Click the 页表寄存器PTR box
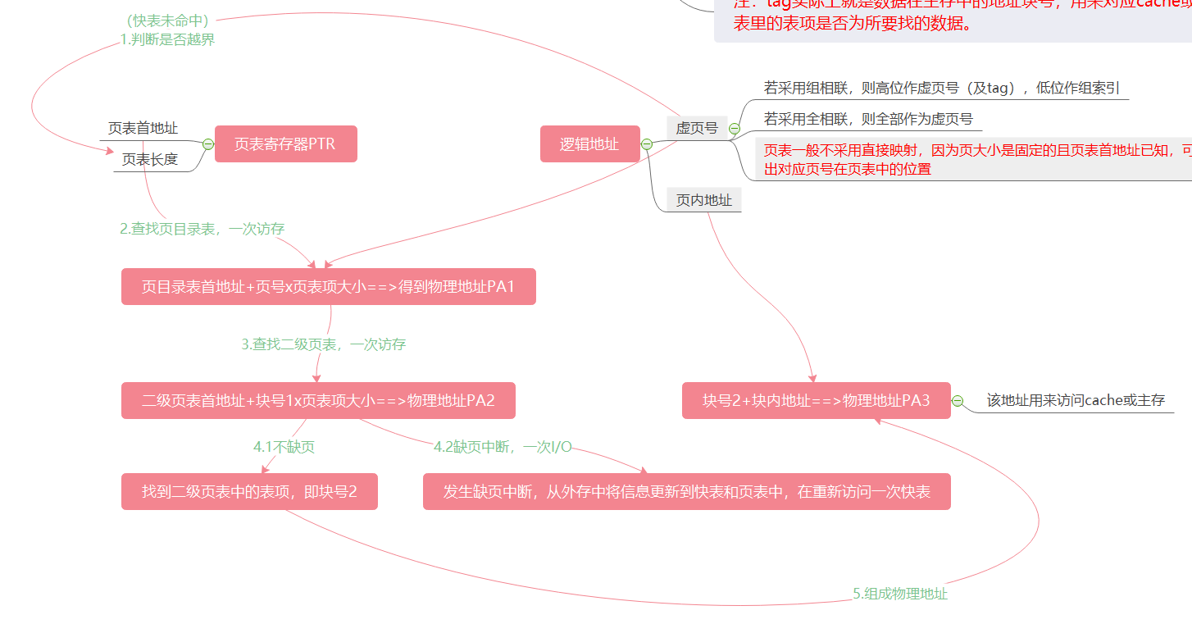click(x=285, y=144)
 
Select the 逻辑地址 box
click(x=589, y=144)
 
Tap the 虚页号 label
click(x=697, y=128)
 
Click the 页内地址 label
click(x=703, y=199)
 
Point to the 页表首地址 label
click(x=143, y=128)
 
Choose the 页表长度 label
click(x=150, y=159)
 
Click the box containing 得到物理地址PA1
click(x=328, y=287)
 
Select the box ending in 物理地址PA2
click(x=318, y=401)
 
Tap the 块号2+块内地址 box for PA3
click(x=816, y=401)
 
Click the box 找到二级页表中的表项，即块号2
click(x=249, y=492)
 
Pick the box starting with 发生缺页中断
click(x=686, y=492)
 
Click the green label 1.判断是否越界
click(x=167, y=39)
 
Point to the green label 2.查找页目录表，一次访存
click(x=202, y=229)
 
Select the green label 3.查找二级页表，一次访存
click(x=323, y=344)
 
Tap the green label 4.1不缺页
click(x=284, y=447)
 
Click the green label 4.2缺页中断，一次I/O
click(x=503, y=447)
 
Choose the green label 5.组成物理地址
click(x=900, y=594)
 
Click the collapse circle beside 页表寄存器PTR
click(x=208, y=144)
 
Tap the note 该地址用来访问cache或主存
click(x=1076, y=401)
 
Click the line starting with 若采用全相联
click(x=868, y=119)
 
